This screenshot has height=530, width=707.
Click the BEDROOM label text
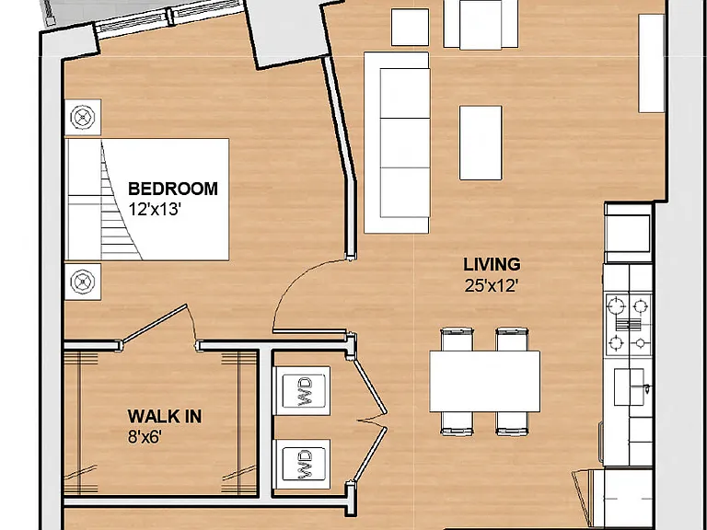(x=173, y=189)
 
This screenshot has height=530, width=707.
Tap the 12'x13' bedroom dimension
(x=155, y=210)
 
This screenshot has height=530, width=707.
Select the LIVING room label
(x=492, y=265)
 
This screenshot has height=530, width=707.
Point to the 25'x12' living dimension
(x=491, y=286)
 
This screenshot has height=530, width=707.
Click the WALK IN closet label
(x=165, y=417)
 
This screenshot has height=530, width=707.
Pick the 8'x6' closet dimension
(x=145, y=437)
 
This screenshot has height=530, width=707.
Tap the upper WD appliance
(x=304, y=391)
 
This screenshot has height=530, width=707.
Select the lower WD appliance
(x=304, y=465)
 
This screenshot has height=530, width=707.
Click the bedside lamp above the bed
(x=83, y=117)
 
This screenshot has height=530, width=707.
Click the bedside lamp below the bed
(x=83, y=282)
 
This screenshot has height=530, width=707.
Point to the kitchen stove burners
(x=629, y=325)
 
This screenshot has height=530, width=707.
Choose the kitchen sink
(x=630, y=386)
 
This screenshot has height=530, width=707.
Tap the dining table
(x=485, y=381)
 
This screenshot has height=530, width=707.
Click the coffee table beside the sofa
(x=481, y=143)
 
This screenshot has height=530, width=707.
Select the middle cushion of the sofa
(x=405, y=143)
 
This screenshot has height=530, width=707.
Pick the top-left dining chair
(x=457, y=340)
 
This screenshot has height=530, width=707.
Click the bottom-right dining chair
(x=512, y=423)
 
